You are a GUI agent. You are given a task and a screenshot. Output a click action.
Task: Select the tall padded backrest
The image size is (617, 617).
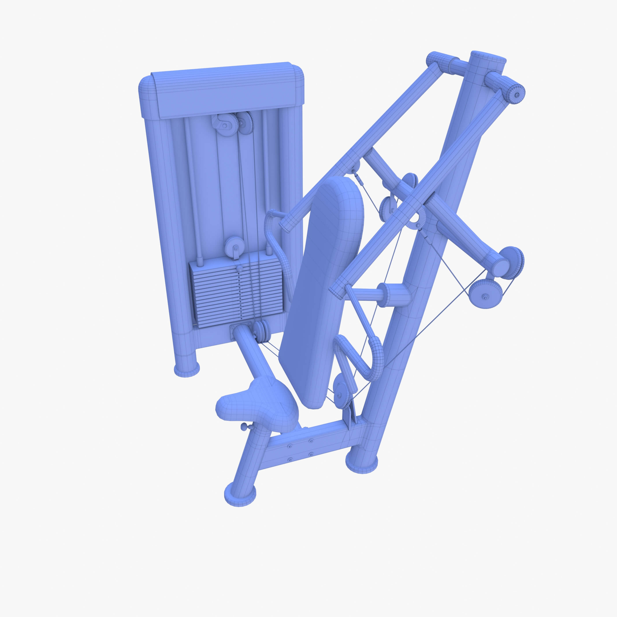(323, 287)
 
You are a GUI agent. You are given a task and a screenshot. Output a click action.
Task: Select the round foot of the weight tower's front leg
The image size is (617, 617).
(187, 370)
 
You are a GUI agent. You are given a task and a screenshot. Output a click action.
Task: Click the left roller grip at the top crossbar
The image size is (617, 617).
(438, 60)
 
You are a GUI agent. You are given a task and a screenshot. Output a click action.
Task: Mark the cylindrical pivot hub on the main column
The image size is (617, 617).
(396, 295)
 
